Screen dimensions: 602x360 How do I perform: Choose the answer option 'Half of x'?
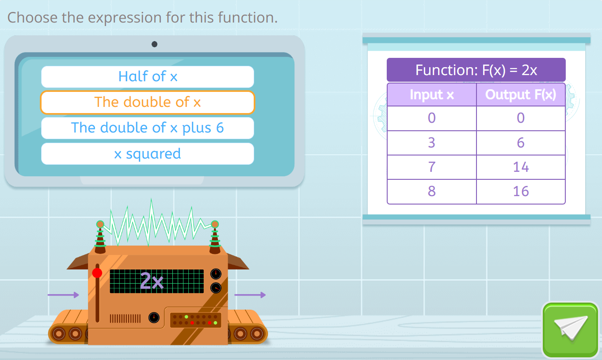tap(148, 76)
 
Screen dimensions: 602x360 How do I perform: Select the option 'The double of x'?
tap(148, 102)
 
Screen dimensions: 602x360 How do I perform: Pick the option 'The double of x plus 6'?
tap(148, 128)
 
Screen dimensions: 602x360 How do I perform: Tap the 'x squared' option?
tap(148, 154)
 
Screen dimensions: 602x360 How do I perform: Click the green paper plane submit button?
tap(570, 330)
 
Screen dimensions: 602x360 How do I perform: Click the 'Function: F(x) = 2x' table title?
tap(476, 70)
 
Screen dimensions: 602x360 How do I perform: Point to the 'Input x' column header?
tap(432, 95)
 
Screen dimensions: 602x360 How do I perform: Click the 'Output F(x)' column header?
tap(521, 95)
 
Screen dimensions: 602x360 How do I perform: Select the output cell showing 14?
tap(521, 167)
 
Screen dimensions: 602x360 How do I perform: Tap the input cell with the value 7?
tap(432, 167)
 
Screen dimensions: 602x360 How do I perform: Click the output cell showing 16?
tap(521, 192)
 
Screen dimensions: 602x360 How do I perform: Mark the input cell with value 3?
tap(432, 143)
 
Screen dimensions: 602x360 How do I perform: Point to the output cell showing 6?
tap(521, 143)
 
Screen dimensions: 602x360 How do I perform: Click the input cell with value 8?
tap(432, 192)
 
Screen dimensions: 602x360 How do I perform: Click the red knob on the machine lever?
tap(97, 273)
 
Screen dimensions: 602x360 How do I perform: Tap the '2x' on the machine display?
tap(152, 281)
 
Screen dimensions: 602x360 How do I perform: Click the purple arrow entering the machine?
tap(63, 295)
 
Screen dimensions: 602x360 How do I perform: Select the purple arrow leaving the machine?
tap(250, 295)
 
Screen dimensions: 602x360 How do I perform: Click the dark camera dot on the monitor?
tap(155, 44)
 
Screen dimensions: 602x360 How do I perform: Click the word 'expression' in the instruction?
tap(125, 18)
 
